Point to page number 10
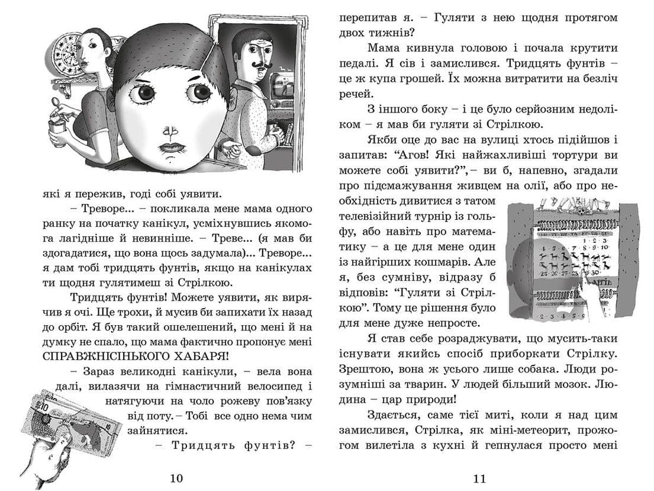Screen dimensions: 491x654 coord(177,478)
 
